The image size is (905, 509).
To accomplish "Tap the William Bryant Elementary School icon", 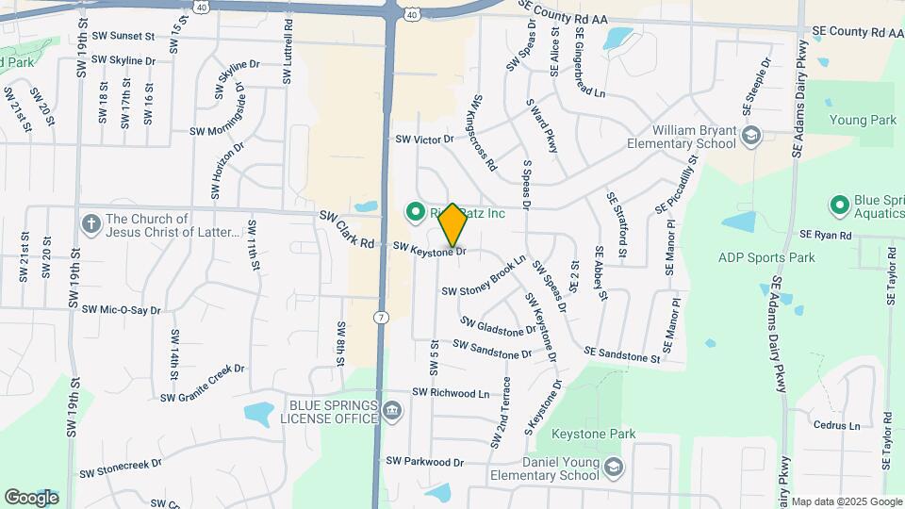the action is (750, 137).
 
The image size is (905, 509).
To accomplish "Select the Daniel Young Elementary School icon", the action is (614, 468).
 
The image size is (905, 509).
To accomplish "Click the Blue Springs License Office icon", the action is (392, 411).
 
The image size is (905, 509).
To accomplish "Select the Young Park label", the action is (863, 121).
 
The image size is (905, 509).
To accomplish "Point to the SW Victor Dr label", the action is (424, 139).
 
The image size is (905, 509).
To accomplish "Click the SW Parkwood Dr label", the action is (425, 462).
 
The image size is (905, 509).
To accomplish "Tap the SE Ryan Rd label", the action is (825, 234).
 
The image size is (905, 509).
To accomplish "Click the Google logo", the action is (31, 497).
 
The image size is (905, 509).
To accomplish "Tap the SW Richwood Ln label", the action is (451, 392).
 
